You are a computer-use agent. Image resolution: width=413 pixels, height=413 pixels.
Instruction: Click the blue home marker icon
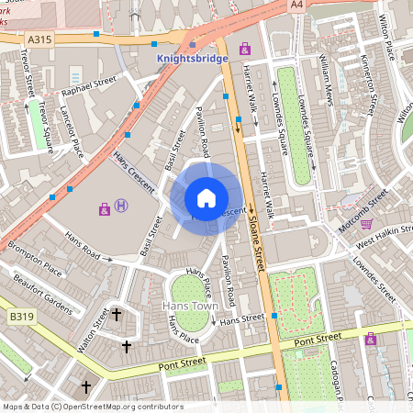point(206,198)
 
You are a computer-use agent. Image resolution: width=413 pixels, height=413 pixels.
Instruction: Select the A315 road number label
point(40,39)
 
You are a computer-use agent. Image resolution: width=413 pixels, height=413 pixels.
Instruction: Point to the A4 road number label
point(296,6)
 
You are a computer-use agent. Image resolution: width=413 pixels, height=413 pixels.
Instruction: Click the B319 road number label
point(20,316)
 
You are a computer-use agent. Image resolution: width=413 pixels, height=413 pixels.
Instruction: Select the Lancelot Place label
point(71,133)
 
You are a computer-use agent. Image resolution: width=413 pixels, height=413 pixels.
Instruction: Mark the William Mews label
point(328,81)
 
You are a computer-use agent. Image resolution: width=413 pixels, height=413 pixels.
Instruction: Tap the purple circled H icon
point(122,209)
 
